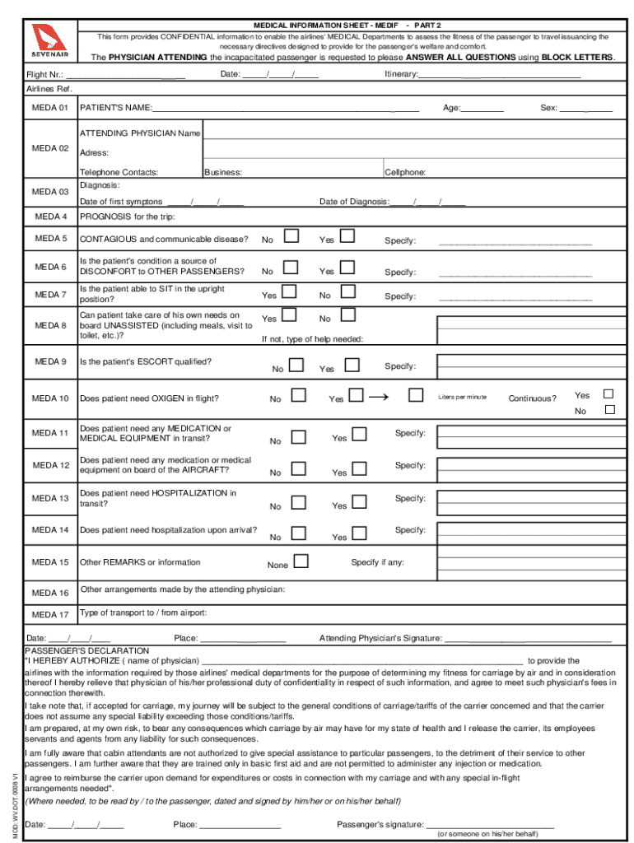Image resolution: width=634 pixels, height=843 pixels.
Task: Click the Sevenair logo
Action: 45,41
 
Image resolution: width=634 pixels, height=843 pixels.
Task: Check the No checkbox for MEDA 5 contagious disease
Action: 291,237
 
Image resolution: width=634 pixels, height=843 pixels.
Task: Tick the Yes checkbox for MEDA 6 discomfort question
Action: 347,267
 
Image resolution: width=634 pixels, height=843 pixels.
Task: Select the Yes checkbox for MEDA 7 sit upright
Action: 289,291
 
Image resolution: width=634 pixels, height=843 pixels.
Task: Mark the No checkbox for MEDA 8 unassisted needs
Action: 347,314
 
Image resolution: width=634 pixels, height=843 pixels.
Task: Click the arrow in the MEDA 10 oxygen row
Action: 379,397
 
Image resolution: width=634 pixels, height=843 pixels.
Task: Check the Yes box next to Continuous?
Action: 609,394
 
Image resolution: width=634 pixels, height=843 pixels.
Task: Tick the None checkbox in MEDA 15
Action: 301,561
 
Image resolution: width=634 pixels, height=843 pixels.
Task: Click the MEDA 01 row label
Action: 49,108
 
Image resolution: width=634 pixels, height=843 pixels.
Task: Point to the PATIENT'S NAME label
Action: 115,108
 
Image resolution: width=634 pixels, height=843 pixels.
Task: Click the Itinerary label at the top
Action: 401,75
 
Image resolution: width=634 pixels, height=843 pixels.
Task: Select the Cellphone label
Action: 405,173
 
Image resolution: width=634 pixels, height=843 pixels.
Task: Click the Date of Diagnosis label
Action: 353,202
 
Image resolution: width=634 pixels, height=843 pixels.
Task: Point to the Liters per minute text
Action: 462,397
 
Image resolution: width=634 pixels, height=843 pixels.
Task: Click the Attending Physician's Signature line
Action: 528,639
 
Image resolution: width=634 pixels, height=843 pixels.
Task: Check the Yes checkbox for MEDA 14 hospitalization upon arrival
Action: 359,533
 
